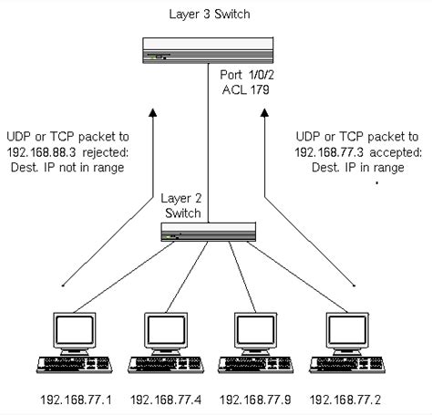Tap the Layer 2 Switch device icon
208,233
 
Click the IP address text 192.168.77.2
345,399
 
